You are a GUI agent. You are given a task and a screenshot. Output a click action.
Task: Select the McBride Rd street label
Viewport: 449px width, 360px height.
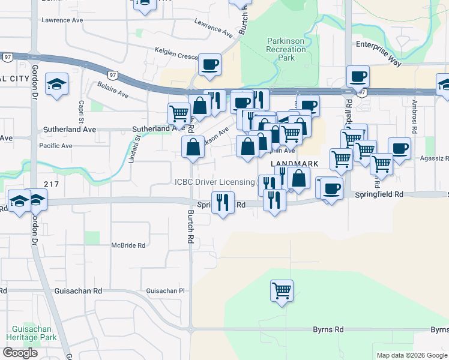[128, 245]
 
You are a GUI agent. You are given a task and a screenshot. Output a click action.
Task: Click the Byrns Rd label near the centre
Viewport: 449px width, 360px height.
[328, 329]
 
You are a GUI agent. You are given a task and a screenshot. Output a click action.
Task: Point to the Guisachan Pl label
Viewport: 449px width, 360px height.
[166, 291]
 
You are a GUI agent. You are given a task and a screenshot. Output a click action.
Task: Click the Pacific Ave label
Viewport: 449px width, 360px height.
[55, 146]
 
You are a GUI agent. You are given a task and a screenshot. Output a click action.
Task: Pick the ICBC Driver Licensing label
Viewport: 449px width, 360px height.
[215, 182]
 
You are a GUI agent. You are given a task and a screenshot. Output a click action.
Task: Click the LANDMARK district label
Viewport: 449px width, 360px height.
[294, 164]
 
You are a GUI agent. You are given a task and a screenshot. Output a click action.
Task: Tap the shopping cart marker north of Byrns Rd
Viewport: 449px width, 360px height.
[282, 291]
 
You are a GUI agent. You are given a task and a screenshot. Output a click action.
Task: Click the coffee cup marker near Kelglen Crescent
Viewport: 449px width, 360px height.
[209, 64]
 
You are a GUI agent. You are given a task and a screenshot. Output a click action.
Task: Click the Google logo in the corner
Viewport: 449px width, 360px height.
[20, 353]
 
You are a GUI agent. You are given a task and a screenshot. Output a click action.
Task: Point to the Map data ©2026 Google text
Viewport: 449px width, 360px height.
[411, 355]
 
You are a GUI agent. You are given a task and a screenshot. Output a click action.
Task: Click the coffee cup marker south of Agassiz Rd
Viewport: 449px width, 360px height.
[330, 189]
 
